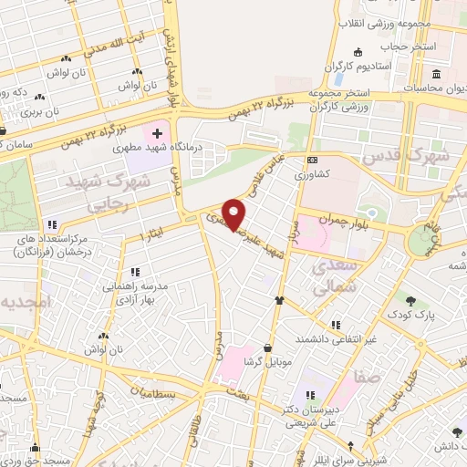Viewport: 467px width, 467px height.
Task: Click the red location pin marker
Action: click(234, 213)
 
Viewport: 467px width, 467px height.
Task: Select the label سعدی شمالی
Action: click(333, 277)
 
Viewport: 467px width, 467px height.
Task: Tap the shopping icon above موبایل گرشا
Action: click(267, 348)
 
